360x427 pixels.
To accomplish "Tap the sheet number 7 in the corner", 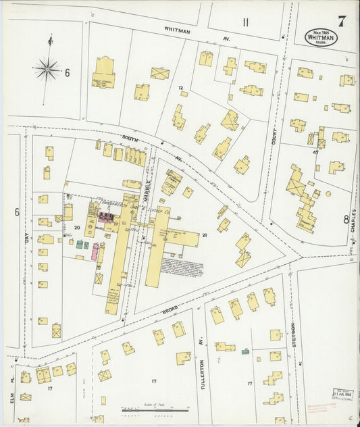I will pos(342,20).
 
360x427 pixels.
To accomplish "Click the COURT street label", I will pos(274,138).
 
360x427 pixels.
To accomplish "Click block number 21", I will pos(205,235).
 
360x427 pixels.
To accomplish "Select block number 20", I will pos(78,228).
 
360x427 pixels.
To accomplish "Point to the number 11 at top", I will pos(246,23).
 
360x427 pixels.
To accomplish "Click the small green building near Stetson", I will pos(245,351).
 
